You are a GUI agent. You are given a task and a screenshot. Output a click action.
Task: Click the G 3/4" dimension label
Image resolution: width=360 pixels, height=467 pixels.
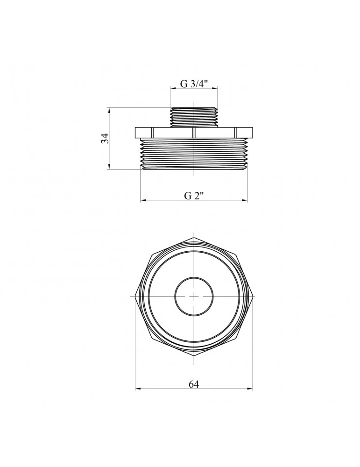coord(194,84)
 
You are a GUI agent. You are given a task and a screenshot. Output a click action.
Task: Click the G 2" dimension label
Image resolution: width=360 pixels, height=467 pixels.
coord(194,196)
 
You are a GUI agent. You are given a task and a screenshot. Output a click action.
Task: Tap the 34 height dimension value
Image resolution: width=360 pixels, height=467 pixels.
coord(105,139)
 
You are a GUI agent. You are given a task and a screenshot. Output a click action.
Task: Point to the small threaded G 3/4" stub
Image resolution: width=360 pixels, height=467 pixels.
coord(194,117)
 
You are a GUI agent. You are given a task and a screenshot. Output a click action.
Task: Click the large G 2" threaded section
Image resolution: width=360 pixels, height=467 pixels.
coord(194,154)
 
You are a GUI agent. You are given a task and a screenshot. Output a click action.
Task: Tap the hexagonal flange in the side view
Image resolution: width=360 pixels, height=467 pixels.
coord(194,133)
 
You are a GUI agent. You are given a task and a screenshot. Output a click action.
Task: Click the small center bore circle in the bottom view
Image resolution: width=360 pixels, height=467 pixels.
coord(194,297)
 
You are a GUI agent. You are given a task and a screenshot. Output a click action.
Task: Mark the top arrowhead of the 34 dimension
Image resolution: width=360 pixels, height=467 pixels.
coord(109,111)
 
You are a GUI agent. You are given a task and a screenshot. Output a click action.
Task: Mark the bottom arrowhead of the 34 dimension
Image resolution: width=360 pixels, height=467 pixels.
coord(109,166)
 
